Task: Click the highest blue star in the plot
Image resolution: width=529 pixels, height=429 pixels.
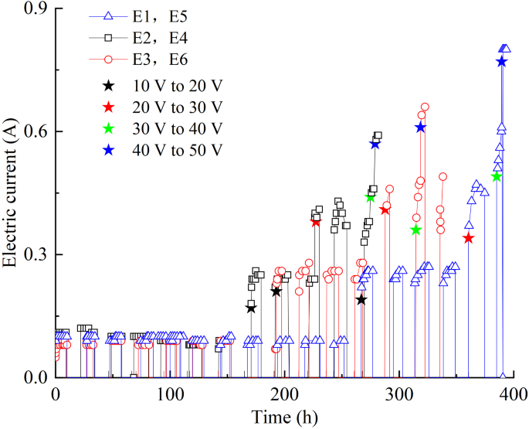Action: pyautogui.click(x=501, y=62)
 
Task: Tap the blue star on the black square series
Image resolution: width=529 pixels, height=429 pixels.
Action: pyautogui.click(x=375, y=144)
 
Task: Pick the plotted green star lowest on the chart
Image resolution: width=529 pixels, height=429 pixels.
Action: pyautogui.click(x=416, y=230)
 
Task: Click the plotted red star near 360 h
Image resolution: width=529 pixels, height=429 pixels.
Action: pyautogui.click(x=468, y=238)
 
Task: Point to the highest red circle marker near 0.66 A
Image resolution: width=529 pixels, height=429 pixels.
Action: pyautogui.click(x=424, y=107)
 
